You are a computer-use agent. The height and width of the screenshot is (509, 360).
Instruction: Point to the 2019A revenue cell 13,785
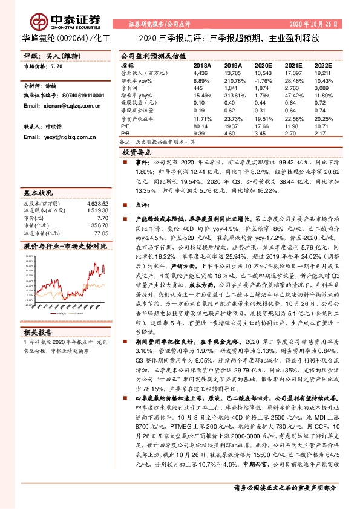point(233,73)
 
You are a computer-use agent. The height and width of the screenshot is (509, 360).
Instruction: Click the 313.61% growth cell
point(233,96)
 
